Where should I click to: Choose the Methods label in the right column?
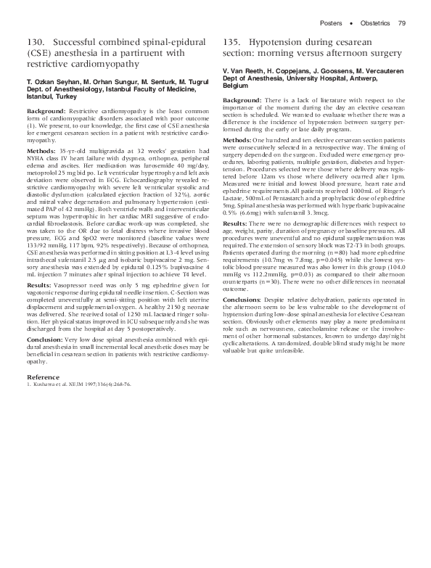(237, 139)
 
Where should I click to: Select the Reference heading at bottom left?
(43, 377)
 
